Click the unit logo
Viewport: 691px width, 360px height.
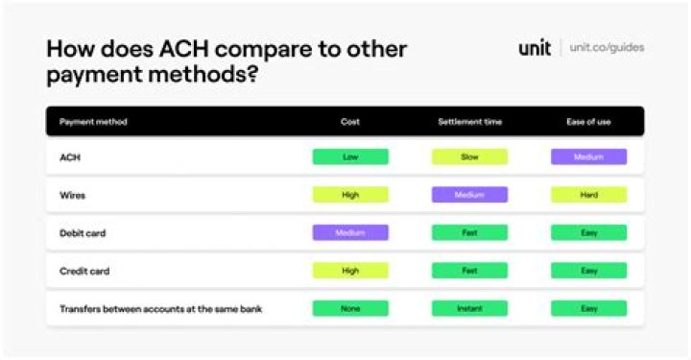[535, 48]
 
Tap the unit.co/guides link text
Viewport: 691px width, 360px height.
[607, 48]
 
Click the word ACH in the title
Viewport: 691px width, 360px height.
[184, 48]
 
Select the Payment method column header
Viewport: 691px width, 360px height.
[93, 122]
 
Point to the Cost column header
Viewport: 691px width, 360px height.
[350, 122]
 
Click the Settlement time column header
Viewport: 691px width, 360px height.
[469, 122]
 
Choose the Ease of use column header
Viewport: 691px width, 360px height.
[588, 122]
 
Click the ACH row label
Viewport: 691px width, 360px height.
[70, 157]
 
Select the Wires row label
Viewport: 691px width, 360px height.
[72, 195]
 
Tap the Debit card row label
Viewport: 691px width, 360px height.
[83, 233]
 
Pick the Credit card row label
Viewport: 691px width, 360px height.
[84, 271]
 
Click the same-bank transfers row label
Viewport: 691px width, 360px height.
[161, 309]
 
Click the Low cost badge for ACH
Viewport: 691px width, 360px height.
[351, 156]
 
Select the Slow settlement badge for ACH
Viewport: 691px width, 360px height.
[469, 156]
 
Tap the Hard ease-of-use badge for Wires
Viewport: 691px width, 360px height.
[588, 195]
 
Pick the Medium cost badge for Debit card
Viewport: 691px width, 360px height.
[351, 232]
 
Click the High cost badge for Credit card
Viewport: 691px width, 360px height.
[351, 271]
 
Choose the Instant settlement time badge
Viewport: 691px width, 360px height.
[469, 308]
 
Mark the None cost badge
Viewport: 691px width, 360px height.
[351, 308]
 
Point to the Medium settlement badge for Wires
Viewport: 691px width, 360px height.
[469, 195]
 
